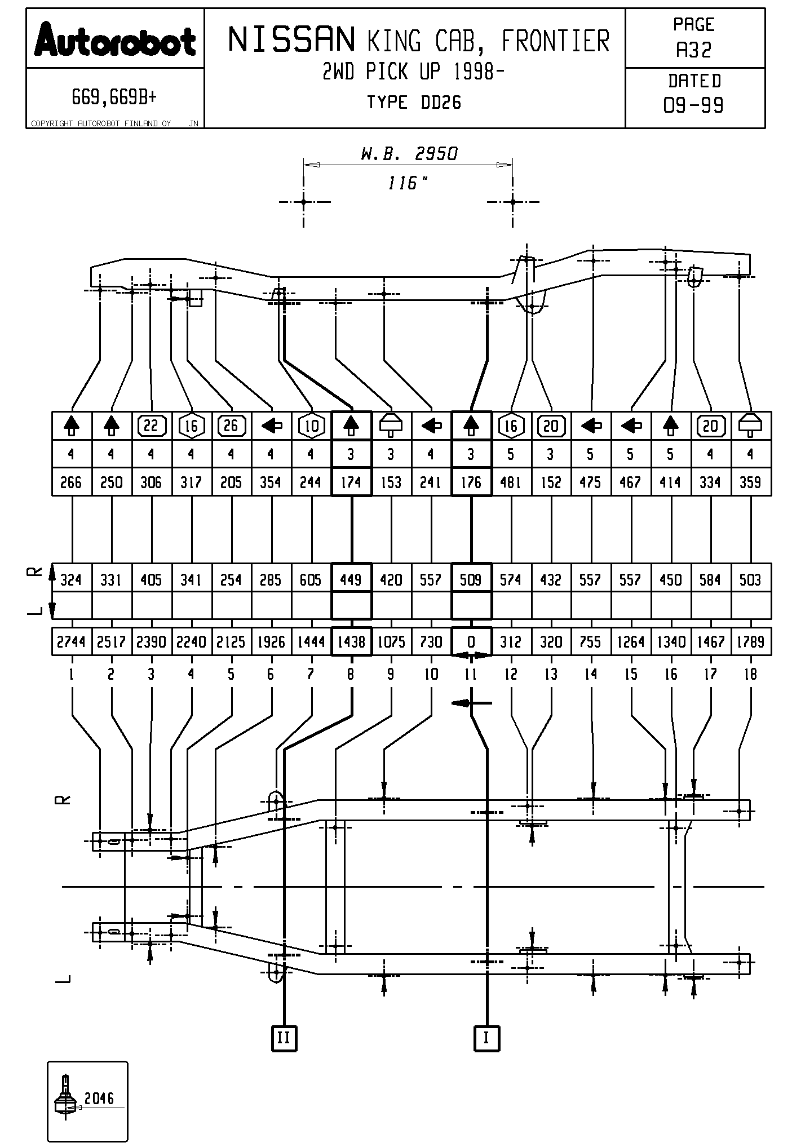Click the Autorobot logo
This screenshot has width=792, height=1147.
coord(115,40)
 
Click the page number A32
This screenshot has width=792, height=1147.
coord(694,50)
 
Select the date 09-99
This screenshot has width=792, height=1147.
coord(694,105)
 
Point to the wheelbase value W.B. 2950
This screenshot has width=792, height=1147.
coord(409,153)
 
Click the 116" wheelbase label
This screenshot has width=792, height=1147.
coord(408,183)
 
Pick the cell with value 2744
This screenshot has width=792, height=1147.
coord(71,641)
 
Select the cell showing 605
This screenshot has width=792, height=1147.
coord(311,579)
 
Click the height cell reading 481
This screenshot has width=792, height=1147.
coord(511,482)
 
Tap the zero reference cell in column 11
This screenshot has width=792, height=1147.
coord(471,641)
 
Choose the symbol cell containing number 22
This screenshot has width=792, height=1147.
coord(151,426)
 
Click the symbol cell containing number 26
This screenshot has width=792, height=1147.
coord(231,426)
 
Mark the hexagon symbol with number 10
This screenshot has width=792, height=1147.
coord(311,426)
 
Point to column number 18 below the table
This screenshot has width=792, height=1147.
coord(750,674)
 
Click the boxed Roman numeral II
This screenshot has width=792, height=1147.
coord(284,1038)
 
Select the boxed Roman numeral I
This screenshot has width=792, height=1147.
coord(486,1038)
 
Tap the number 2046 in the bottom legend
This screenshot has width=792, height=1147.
coord(99,1099)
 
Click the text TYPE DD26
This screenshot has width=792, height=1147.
coord(414,103)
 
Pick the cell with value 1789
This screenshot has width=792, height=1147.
coord(750,641)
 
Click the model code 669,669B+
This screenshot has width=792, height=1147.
coord(114,98)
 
